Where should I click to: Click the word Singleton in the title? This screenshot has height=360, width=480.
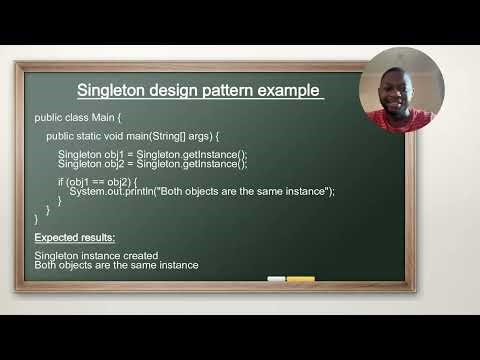pyautogui.click(x=112, y=91)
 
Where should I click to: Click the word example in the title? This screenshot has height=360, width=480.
pyautogui.click(x=289, y=91)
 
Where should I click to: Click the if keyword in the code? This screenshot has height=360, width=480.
pyautogui.click(x=62, y=181)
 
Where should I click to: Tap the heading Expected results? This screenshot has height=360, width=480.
pyautogui.click(x=74, y=237)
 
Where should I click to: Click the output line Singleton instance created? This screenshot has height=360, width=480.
pyautogui.click(x=96, y=256)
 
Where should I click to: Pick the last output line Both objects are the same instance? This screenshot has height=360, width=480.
pyautogui.click(x=116, y=265)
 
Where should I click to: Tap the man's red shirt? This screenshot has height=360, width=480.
pyautogui.click(x=401, y=119)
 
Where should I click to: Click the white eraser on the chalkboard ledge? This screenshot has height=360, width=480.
pyautogui.click(x=276, y=279)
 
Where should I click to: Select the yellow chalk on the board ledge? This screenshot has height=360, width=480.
pyautogui.click(x=301, y=279)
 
